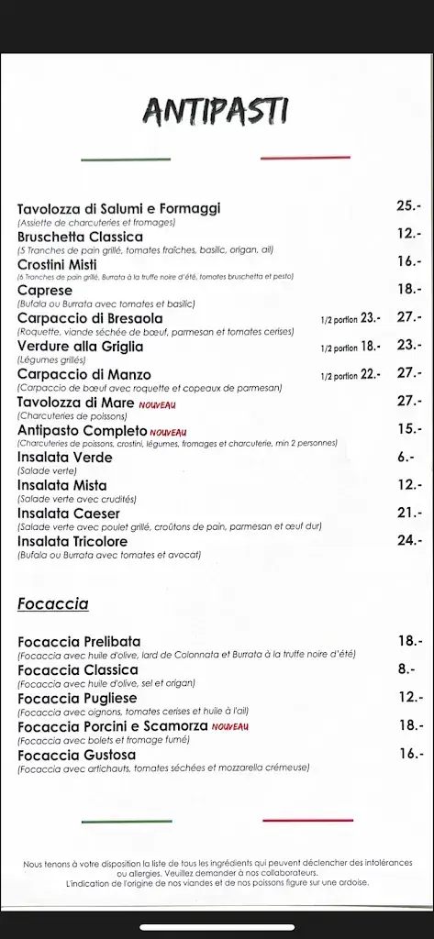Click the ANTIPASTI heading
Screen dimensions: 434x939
tap(216, 111)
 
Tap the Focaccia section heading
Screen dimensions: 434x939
tap(52, 603)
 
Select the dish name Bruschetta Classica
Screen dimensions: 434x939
tap(80, 237)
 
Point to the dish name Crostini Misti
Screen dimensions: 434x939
tap(57, 264)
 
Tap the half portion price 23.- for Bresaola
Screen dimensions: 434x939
tap(371, 318)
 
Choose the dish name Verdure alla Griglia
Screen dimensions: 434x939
tap(80, 347)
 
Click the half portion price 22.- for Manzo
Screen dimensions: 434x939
tap(371, 374)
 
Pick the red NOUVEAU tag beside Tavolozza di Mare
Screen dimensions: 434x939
tap(157, 404)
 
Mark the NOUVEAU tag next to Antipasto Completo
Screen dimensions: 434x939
tap(168, 432)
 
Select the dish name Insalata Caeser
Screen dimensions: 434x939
tap(69, 514)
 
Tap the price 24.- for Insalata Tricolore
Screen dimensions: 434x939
tap(408, 540)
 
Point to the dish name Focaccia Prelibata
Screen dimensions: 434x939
tap(79, 641)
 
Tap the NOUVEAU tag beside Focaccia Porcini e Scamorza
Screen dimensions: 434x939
tap(229, 727)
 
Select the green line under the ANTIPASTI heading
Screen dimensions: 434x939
tap(126, 160)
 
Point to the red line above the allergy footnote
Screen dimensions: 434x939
tap(306, 820)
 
